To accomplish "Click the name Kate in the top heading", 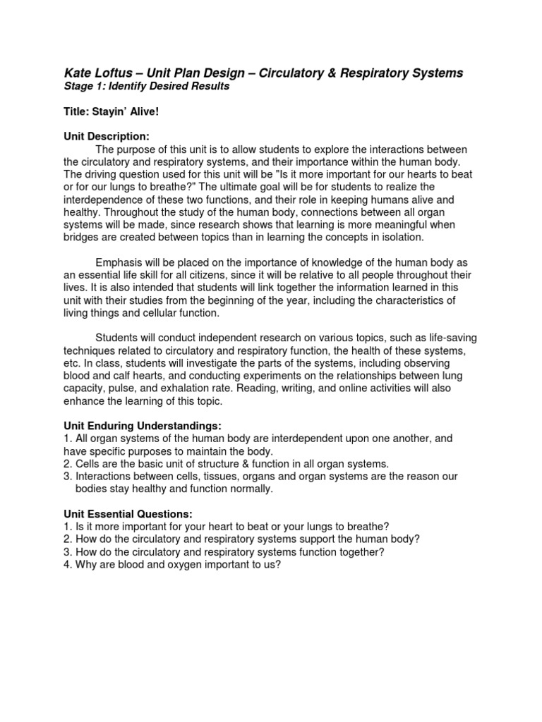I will tap(78, 73).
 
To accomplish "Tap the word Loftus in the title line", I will tap(120, 73).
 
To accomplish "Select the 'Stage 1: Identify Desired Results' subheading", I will tap(147, 87).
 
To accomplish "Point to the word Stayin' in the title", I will tap(112, 111).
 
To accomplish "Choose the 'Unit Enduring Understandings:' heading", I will tap(143, 426).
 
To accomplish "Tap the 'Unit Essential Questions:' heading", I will tap(128, 513).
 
